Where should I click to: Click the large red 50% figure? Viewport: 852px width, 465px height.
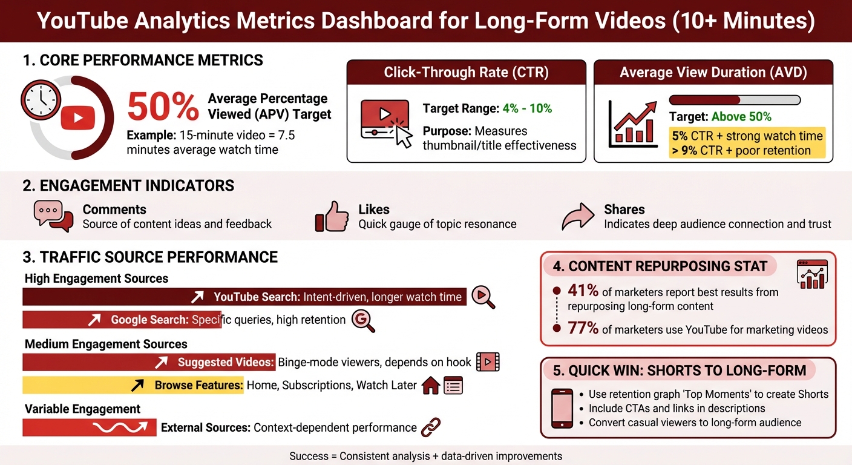[162, 108]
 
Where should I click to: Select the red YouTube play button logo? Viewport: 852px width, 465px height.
[78, 116]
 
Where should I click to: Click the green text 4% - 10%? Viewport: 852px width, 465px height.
[527, 108]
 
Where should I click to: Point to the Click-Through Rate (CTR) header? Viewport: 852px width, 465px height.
[466, 73]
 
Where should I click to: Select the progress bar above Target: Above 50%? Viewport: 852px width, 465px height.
[735, 100]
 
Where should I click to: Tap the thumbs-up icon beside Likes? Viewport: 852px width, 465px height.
[332, 217]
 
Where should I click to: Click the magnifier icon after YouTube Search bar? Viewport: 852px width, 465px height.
[483, 297]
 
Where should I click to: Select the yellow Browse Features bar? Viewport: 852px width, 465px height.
[133, 385]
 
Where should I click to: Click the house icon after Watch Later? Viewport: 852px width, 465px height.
[430, 386]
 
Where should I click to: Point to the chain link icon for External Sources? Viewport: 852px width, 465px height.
[431, 427]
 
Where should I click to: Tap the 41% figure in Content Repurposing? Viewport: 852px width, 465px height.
[583, 291]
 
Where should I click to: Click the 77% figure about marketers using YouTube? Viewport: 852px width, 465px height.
[583, 329]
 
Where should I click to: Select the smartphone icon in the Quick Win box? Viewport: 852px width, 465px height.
[562, 408]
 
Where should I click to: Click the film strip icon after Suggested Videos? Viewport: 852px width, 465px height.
[488, 362]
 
